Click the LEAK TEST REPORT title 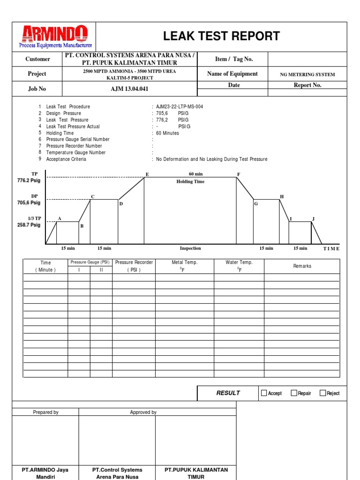[x=221, y=36]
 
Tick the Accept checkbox [x=264, y=393]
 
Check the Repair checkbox [x=294, y=393]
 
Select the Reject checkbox [x=322, y=393]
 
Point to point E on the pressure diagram [x=147, y=174]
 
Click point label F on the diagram [x=238, y=174]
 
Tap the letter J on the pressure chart [x=313, y=219]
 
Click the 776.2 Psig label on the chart [x=29, y=180]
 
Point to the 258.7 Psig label [x=29, y=225]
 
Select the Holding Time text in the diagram [x=190, y=181]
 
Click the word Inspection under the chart [x=190, y=248]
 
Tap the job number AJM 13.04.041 [x=130, y=89]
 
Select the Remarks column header [x=302, y=266]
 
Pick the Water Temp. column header [x=239, y=262]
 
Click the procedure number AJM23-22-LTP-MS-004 [x=180, y=106]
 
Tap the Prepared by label [x=45, y=412]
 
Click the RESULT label [x=228, y=393]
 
